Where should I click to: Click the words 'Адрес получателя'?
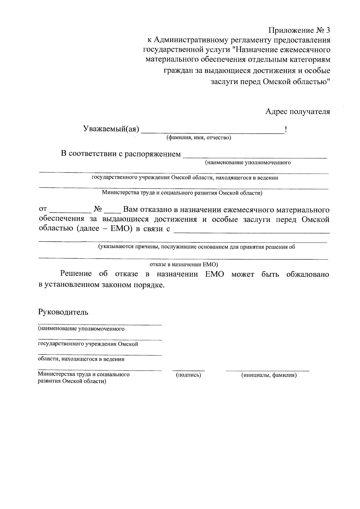tap(298, 112)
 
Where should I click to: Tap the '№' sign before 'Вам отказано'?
tap(98, 209)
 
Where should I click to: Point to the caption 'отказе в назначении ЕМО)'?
tap(184, 265)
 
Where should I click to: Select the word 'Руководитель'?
tap(63, 312)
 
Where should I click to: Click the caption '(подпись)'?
tap(188, 375)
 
